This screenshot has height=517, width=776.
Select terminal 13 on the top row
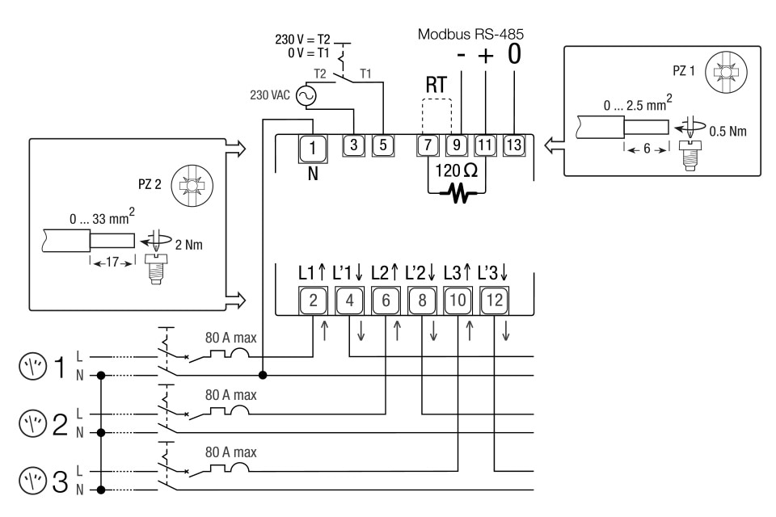click(514, 145)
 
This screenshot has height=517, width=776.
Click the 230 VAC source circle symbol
click(306, 96)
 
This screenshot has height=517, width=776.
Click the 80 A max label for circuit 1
click(230, 338)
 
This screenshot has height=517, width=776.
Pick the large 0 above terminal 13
click(515, 56)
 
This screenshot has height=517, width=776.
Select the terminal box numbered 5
click(382, 145)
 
